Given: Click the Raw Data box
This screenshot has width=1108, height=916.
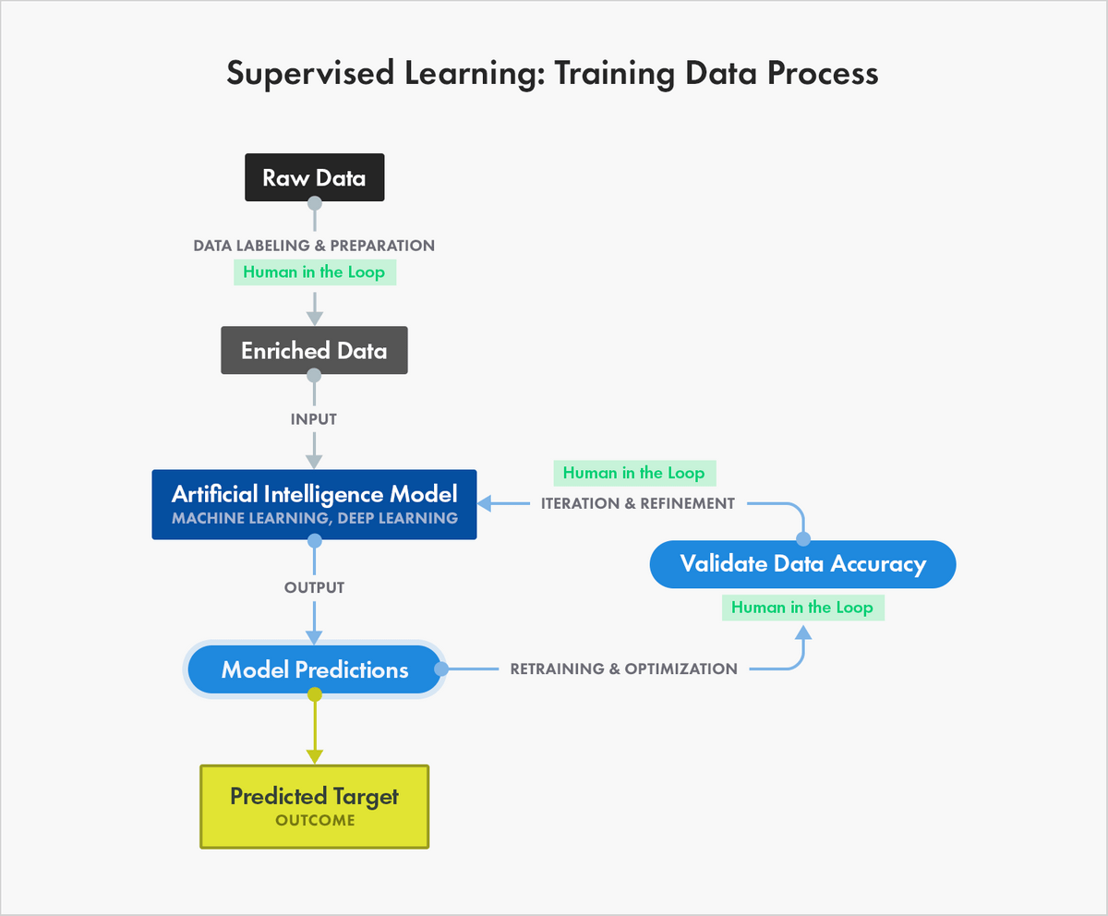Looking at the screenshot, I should pos(314,178).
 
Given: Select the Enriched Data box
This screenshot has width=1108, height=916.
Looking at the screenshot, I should pos(314,351).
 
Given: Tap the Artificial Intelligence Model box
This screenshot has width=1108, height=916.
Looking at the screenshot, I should pos(314,504).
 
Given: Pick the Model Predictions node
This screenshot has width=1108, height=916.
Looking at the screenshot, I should pos(314,669).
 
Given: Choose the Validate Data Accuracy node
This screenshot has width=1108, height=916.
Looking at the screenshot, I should pos(802,563).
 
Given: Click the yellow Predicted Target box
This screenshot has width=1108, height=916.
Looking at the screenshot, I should pos(314,805).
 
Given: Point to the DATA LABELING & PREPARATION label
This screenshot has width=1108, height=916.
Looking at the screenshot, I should pos(314,246).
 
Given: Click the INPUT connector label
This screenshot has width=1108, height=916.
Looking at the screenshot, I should pos(314,419).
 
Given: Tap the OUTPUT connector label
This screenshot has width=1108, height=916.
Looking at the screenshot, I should pos(314,587).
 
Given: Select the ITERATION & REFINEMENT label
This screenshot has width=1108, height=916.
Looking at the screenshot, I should pos(638,503).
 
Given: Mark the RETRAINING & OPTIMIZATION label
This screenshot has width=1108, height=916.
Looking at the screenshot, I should pos(624,669).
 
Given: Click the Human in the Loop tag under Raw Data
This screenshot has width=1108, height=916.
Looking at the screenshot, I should pos(314,272).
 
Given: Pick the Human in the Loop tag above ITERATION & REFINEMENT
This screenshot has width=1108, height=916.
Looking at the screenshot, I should pos(633,473).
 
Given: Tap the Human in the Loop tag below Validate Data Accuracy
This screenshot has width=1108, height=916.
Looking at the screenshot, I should pos(802,608).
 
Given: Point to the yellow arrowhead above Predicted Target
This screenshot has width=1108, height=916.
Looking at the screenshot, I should pos(314,755).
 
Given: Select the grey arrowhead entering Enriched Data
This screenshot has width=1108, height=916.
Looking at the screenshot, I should pos(314,317).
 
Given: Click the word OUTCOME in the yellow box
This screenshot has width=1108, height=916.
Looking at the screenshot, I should pos(314,820).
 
